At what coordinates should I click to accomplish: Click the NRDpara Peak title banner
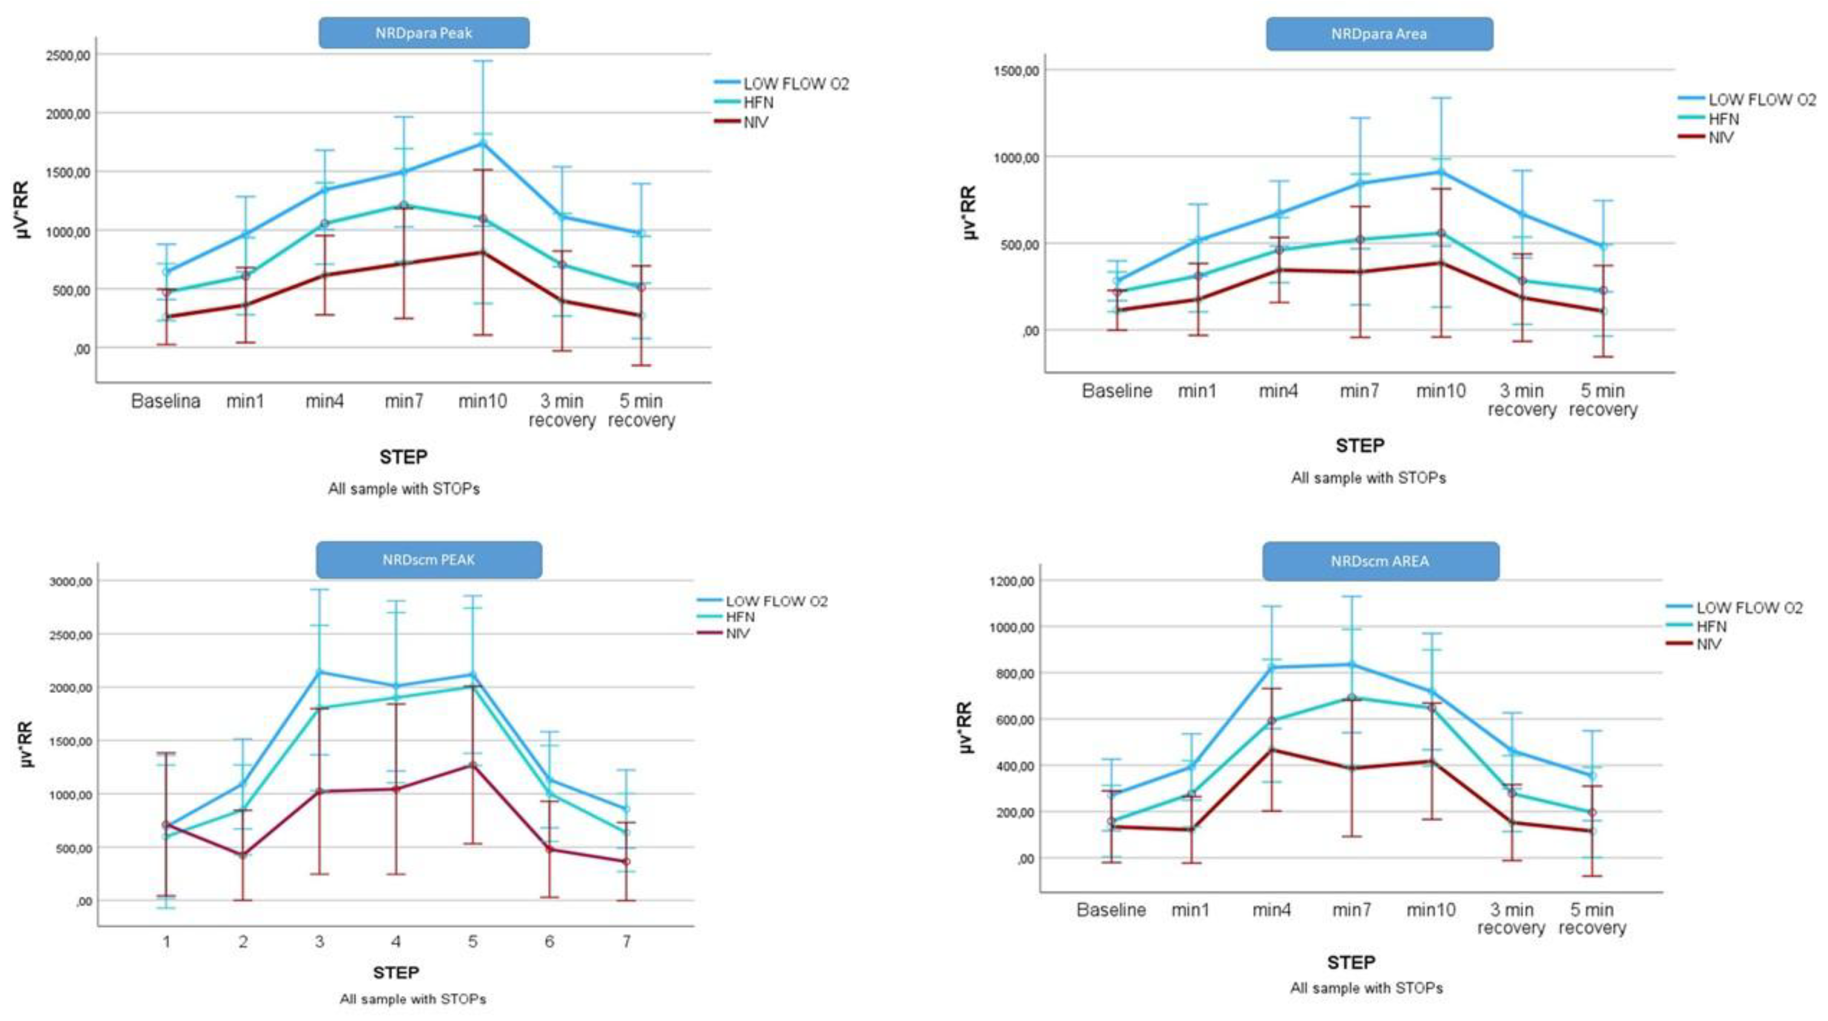pyautogui.click(x=424, y=33)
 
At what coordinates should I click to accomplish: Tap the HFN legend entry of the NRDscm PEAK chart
pyautogui.click(x=739, y=617)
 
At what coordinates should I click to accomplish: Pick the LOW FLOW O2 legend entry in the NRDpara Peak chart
pyautogui.click(x=795, y=84)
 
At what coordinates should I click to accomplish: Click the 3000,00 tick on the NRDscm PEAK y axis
pyautogui.click(x=71, y=581)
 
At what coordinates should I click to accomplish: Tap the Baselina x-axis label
pyautogui.click(x=166, y=402)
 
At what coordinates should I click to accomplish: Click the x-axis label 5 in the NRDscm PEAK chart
pyautogui.click(x=472, y=942)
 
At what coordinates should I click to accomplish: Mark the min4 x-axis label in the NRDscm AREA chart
pyautogui.click(x=1271, y=909)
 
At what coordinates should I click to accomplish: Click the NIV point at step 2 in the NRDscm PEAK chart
pyautogui.click(x=244, y=855)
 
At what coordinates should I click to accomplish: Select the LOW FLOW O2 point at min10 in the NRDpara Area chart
pyautogui.click(x=1441, y=172)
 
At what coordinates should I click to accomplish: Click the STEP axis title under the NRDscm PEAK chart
pyautogui.click(x=396, y=972)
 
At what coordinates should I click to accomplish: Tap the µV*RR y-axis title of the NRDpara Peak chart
pyautogui.click(x=23, y=210)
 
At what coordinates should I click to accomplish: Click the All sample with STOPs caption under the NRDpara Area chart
pyautogui.click(x=1368, y=478)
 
